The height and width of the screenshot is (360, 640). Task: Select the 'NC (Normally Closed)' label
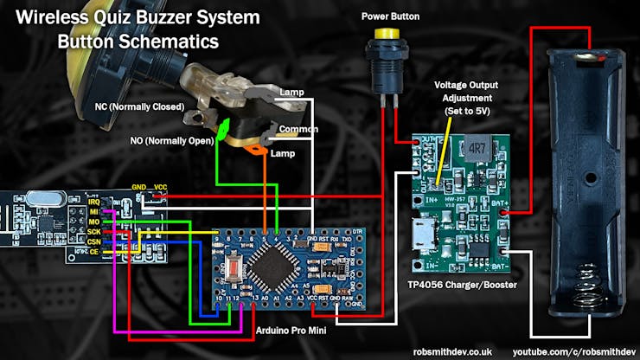pos(139,107)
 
